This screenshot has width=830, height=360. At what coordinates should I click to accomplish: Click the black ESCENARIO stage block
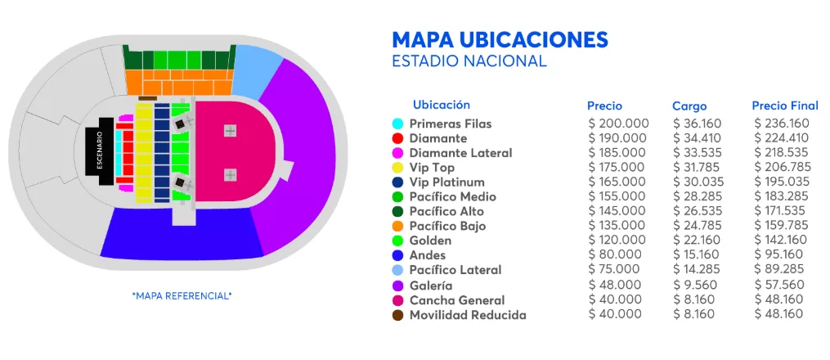click(105, 151)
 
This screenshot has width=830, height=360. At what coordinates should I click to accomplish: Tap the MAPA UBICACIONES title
click(500, 39)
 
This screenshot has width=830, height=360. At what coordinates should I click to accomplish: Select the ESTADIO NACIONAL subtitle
click(469, 61)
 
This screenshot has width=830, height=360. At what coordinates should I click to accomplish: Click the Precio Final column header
click(785, 106)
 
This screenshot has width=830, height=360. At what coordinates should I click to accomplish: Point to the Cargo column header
click(689, 106)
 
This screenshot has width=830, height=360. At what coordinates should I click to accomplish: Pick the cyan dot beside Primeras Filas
click(397, 124)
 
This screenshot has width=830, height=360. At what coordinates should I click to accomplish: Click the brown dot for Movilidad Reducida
click(397, 315)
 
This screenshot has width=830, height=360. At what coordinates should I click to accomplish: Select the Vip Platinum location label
click(446, 182)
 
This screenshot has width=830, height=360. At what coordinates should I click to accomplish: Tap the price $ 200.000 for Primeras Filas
click(618, 124)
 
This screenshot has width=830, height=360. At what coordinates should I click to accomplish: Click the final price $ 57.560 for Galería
click(779, 285)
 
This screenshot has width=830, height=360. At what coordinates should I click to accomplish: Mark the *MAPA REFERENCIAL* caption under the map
click(182, 295)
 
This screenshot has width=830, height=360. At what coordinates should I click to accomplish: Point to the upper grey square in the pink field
click(230, 131)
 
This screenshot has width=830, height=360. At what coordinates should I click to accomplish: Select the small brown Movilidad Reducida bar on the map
click(148, 99)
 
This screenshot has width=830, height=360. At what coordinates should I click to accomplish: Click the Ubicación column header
click(442, 105)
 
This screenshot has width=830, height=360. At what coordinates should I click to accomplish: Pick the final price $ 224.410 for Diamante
click(782, 138)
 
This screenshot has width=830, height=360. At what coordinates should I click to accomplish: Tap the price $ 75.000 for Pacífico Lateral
click(614, 270)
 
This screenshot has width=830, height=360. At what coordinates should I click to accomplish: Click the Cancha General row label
click(457, 300)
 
